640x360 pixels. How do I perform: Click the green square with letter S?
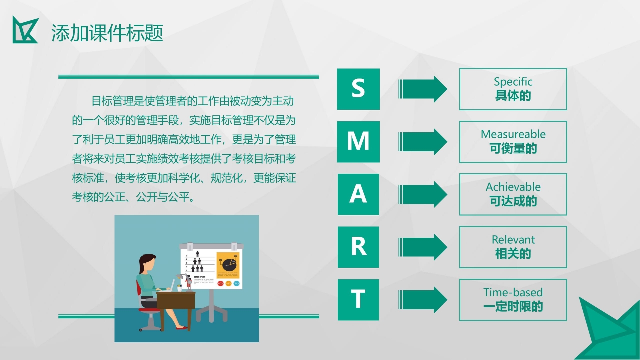click(x=358, y=89)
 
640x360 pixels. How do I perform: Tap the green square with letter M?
click(x=358, y=142)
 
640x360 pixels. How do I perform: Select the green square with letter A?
click(x=358, y=194)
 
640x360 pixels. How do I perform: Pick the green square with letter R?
click(x=358, y=247)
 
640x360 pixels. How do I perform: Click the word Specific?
click(x=513, y=82)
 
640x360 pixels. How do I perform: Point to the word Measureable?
click(x=513, y=134)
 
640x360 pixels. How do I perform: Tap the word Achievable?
click(x=513, y=187)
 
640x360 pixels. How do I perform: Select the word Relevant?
click(x=513, y=240)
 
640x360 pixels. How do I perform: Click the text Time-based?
click(x=513, y=292)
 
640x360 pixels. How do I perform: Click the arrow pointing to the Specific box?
click(x=423, y=89)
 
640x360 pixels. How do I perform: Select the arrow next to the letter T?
click(x=423, y=300)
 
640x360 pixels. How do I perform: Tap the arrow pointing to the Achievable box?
click(x=423, y=194)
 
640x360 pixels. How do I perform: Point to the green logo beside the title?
click(x=25, y=30)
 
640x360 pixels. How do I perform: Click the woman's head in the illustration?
click(x=147, y=263)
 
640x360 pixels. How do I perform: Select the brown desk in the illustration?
click(x=175, y=301)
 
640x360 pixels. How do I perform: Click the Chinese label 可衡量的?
click(x=513, y=149)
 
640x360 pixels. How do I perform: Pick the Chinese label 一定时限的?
click(x=513, y=307)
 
